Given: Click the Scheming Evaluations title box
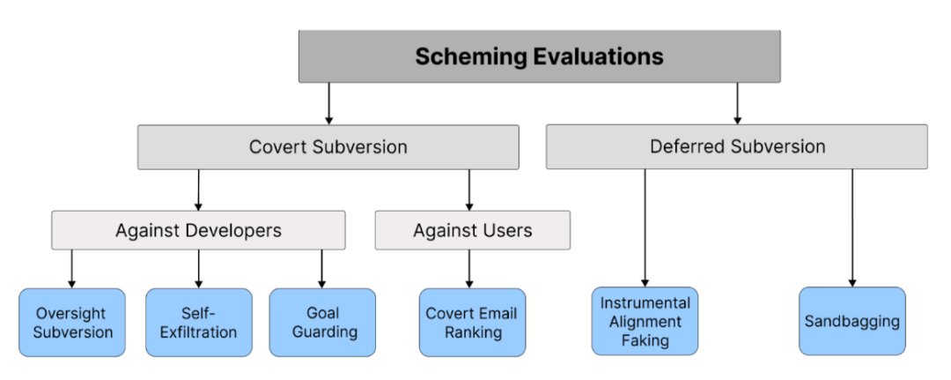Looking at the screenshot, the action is [x=539, y=56].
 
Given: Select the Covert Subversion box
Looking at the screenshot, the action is [x=328, y=147].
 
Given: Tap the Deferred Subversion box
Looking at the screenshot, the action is [x=737, y=147].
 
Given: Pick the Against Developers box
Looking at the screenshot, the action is [x=198, y=231].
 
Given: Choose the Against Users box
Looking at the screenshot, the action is [x=473, y=231].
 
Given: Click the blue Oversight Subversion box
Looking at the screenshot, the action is [x=72, y=323].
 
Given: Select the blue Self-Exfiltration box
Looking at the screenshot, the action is [x=199, y=323].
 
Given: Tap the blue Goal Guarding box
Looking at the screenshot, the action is [x=322, y=323].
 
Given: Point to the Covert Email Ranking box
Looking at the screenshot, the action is [x=473, y=323].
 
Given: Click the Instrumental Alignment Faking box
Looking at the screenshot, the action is [x=645, y=321].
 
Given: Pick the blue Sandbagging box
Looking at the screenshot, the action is [x=852, y=321].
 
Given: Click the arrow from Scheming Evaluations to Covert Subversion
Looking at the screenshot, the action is [x=328, y=104].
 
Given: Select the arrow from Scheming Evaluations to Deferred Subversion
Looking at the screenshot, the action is [x=738, y=104].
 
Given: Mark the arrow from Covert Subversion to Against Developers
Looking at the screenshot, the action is [x=198, y=190].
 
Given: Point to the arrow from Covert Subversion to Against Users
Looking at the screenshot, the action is [x=468, y=190].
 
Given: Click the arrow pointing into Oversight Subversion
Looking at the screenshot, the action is [x=71, y=269].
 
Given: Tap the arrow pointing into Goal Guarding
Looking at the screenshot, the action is [x=322, y=269].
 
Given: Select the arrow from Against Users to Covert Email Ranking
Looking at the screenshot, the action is [x=468, y=269].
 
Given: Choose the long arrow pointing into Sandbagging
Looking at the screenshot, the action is [x=852, y=228].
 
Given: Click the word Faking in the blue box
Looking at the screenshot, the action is [x=645, y=340].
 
